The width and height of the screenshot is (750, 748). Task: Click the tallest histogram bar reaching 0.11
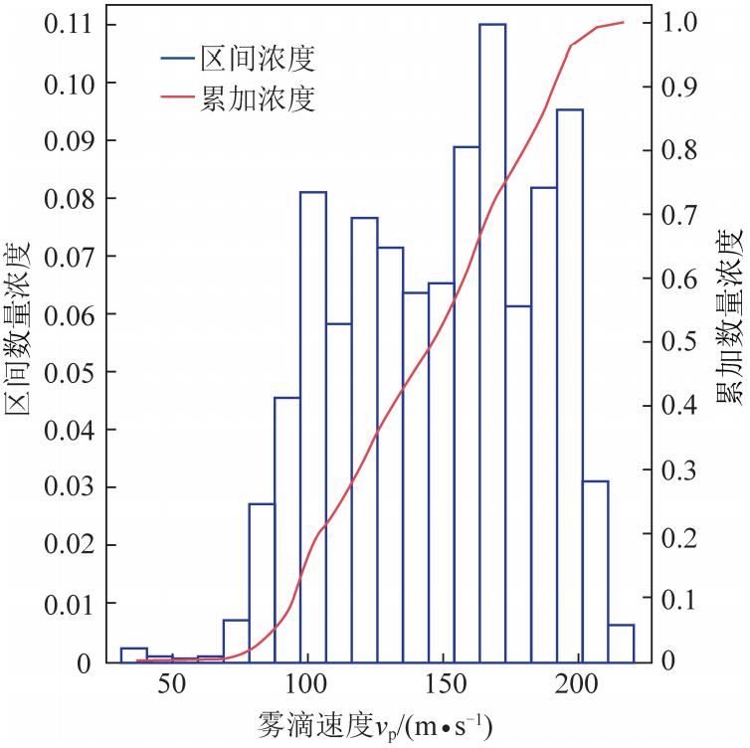492,338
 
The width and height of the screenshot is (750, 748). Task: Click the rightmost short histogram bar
621,643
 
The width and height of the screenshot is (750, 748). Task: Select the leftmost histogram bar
133,654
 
